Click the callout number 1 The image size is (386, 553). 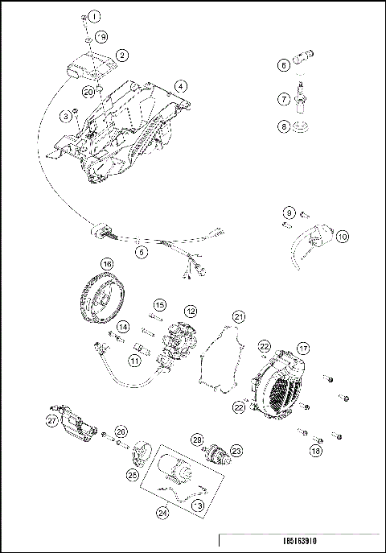[x=95, y=16]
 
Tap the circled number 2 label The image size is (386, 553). [x=122, y=56]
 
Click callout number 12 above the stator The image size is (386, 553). [x=190, y=310]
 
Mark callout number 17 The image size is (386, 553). [x=303, y=348]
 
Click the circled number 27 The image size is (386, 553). [x=51, y=420]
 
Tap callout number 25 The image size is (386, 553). [x=132, y=476]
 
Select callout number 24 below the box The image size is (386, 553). [x=163, y=510]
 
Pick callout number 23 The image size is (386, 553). [x=236, y=452]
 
